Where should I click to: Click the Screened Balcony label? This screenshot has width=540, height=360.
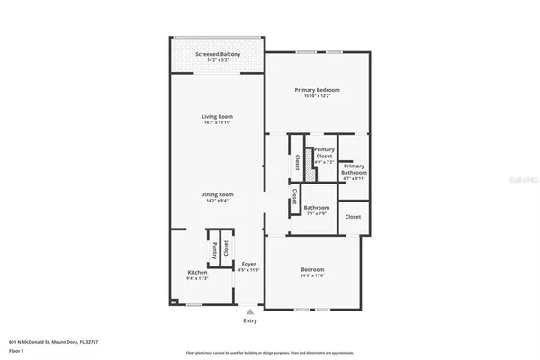coord(218,54)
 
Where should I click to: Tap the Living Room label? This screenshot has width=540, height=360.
coord(218,116)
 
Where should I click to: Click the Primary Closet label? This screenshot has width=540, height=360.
coord(324,153)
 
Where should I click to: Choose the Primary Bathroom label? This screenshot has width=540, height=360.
coord(354,168)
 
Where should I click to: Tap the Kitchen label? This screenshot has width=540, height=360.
coord(197,272)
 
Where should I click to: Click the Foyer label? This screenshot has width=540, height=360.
coord(249,264)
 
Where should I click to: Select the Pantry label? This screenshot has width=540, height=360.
coord(214,248)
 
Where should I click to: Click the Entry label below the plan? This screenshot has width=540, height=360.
coord(249,320)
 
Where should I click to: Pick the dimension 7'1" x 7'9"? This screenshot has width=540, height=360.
coord(316,214)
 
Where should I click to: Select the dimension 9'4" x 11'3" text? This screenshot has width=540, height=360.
coord(197,278)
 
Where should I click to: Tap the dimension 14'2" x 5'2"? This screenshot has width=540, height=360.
coord(218,61)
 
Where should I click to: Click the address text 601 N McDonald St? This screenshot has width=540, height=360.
coord(53,342)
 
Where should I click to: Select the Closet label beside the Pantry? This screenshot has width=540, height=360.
coord(226,248)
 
